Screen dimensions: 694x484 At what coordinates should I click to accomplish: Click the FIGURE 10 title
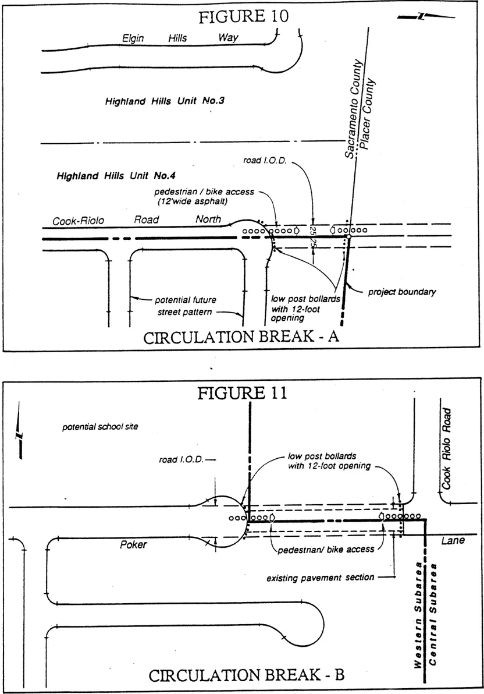click(243, 16)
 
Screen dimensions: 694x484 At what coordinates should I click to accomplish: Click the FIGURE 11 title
click(242, 393)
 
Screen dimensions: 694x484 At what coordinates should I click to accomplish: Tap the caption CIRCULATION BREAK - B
click(247, 675)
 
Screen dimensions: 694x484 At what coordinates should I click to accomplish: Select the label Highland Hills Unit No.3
click(165, 101)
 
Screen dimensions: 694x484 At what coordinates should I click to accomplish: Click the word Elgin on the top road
click(133, 38)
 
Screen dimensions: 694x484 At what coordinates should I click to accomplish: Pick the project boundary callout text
click(402, 292)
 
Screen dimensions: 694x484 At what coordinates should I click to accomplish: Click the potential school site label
click(100, 427)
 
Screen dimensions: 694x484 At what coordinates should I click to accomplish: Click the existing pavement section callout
click(320, 578)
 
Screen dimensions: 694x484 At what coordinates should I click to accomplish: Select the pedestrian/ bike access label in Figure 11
click(323, 549)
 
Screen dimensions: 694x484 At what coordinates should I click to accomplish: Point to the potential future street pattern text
click(185, 306)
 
